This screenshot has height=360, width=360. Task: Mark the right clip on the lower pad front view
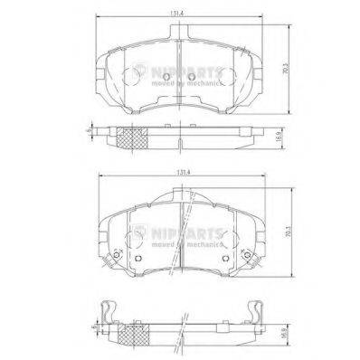[x=251, y=261]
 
